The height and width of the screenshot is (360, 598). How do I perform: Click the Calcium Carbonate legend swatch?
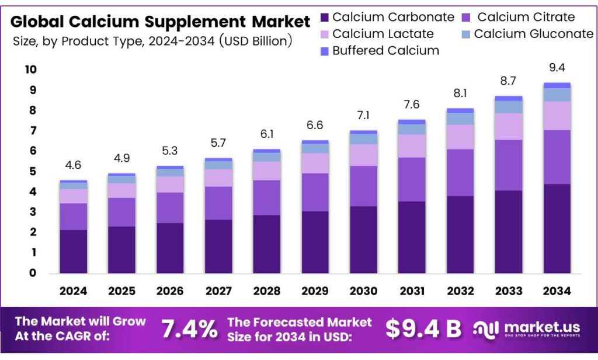(x=325, y=17)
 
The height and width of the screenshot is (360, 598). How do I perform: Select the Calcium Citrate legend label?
(x=526, y=17)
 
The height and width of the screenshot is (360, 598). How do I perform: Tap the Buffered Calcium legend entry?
(x=385, y=51)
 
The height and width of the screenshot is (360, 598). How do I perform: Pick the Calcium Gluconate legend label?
(x=533, y=34)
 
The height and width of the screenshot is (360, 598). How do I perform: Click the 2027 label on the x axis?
(x=218, y=291)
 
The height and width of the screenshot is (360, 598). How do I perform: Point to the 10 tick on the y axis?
(x=30, y=70)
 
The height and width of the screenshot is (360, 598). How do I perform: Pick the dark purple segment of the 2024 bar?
(x=73, y=251)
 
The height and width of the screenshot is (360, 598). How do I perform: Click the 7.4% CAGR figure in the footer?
(x=189, y=329)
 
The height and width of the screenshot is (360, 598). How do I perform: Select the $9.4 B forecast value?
(x=423, y=329)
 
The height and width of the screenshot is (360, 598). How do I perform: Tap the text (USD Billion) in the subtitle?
(x=256, y=41)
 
